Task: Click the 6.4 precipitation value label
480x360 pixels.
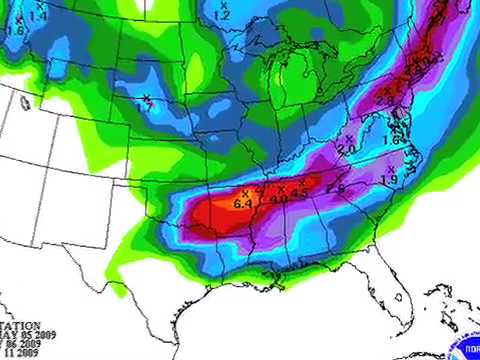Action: (243, 204)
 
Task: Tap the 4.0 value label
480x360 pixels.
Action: (279, 199)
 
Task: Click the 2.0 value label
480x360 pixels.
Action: (347, 149)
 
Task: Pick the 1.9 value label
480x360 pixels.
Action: (390, 179)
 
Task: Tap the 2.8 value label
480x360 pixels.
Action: (383, 98)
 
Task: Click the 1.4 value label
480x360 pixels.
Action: (38, 17)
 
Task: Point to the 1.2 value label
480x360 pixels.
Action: (221, 16)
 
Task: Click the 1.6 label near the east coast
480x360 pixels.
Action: (391, 142)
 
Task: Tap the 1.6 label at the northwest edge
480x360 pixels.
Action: (14, 30)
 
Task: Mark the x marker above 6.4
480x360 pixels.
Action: (244, 193)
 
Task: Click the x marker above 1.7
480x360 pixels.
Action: (146, 97)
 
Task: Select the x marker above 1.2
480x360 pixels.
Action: (221, 6)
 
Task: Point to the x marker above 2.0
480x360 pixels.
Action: (349, 139)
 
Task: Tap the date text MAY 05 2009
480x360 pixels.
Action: (22, 336)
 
